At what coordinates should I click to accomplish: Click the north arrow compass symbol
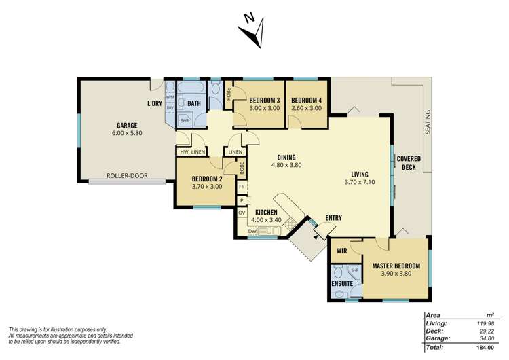252,31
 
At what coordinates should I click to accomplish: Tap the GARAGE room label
127,125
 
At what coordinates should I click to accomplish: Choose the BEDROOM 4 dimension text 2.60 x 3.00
306,108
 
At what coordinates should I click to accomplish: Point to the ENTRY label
333,218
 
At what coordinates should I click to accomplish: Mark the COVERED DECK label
409,162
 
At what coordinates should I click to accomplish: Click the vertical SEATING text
428,122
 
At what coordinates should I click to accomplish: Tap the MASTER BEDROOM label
396,266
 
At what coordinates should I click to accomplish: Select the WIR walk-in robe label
342,250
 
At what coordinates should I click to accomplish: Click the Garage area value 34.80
484,338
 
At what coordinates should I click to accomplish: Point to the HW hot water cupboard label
183,152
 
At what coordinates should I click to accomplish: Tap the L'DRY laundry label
155,103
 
